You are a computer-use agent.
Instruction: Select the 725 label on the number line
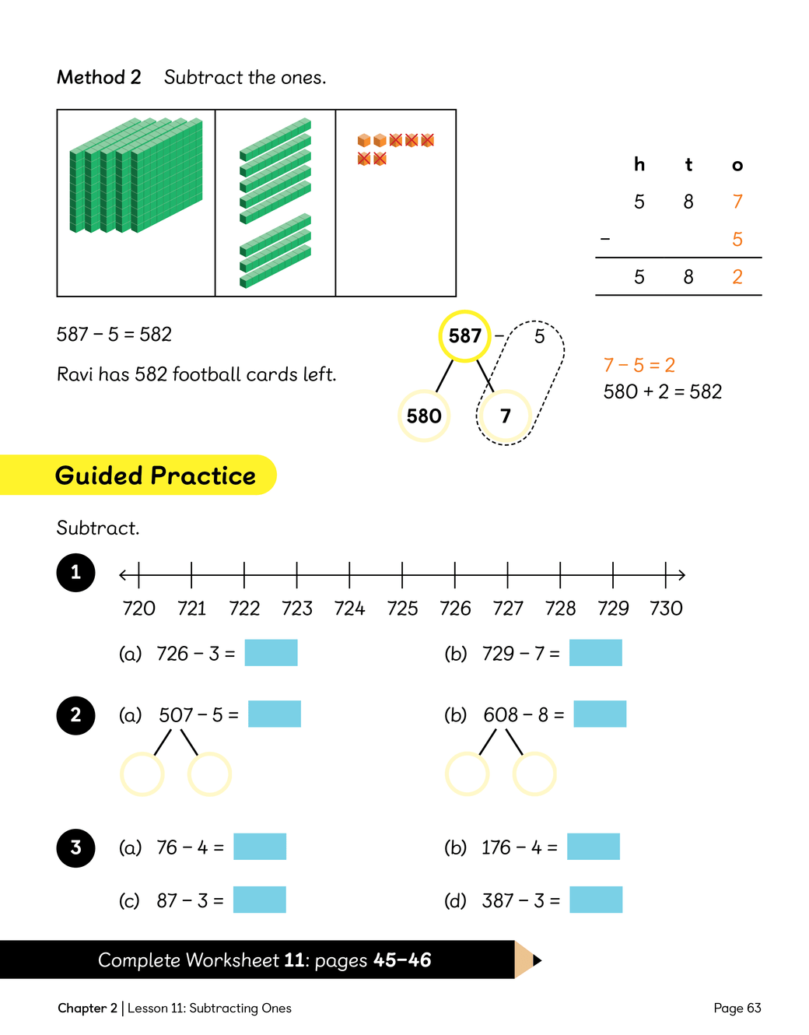click(x=402, y=609)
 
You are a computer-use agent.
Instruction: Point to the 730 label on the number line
click(x=666, y=609)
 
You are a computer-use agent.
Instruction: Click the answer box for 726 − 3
click(x=271, y=653)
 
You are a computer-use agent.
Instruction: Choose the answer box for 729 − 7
click(x=595, y=653)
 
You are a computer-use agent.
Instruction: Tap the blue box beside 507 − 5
click(x=275, y=714)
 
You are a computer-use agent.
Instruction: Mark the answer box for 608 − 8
click(x=600, y=714)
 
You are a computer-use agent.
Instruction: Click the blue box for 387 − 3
click(x=596, y=900)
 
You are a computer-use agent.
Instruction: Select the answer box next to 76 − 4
click(x=260, y=847)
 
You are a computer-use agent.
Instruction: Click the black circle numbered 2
click(x=75, y=715)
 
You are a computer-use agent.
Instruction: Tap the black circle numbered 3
click(x=75, y=847)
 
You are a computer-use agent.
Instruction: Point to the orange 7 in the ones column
click(x=737, y=202)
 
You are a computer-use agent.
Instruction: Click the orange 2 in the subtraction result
click(x=737, y=277)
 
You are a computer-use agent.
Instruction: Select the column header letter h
click(x=639, y=164)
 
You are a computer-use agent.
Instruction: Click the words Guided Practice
click(x=155, y=475)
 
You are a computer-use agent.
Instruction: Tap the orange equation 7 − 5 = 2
click(x=639, y=365)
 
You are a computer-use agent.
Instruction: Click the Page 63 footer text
click(x=737, y=1008)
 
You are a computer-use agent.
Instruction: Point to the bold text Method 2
click(x=99, y=77)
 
